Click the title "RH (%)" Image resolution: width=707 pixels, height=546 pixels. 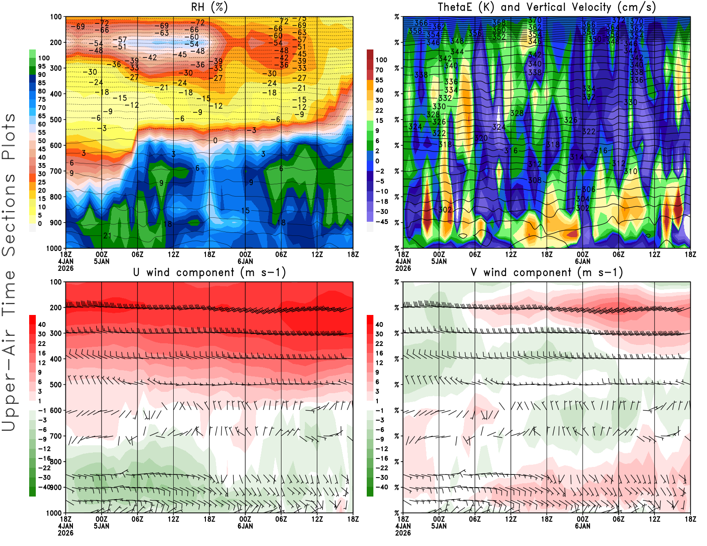point(209,8)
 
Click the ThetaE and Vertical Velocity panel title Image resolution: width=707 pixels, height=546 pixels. point(547,8)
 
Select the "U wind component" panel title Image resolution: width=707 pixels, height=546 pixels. point(209,273)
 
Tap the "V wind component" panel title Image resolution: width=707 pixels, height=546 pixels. point(547,273)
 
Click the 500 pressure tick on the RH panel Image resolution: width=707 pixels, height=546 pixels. point(56,120)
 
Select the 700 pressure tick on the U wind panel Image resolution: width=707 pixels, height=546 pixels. point(56,436)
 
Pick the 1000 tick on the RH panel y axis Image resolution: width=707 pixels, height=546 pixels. point(54,248)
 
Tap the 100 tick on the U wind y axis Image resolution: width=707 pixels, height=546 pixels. point(56,282)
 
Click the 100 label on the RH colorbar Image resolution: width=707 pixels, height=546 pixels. point(44,58)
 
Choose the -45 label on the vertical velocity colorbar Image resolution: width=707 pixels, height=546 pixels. point(382,222)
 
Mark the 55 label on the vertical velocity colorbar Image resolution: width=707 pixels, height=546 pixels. point(379,80)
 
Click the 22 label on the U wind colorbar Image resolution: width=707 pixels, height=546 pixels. point(42,344)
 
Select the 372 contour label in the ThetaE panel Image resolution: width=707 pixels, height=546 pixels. point(618,20)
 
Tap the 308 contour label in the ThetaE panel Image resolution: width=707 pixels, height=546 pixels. point(535,180)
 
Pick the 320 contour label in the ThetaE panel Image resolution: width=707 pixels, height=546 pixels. point(481,138)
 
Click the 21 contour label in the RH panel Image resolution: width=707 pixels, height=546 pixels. point(107,235)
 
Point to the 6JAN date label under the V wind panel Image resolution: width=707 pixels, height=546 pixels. point(582,526)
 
